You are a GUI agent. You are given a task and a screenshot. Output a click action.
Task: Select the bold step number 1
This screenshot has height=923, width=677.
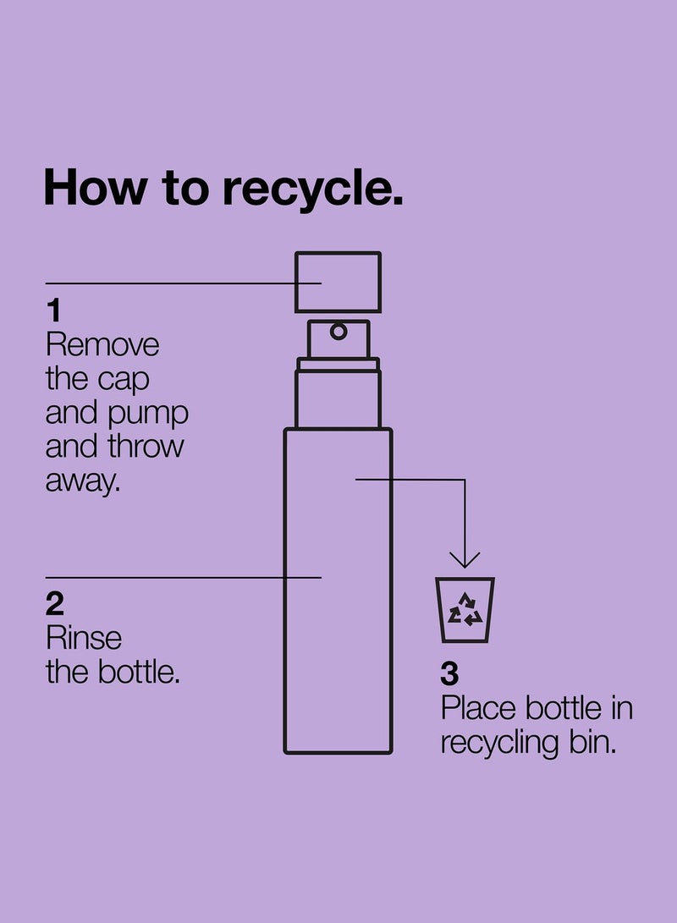pyautogui.click(x=54, y=310)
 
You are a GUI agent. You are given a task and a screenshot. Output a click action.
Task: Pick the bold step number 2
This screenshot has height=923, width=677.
pyautogui.click(x=55, y=605)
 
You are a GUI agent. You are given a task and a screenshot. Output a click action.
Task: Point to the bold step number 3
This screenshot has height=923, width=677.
pyautogui.click(x=449, y=674)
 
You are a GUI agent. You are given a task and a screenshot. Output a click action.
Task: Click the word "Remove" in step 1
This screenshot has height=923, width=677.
pyautogui.click(x=102, y=345)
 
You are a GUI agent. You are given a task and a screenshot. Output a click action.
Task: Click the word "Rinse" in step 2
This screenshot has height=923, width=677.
pyautogui.click(x=84, y=638)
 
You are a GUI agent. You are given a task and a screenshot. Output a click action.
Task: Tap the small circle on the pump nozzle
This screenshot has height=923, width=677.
pyautogui.click(x=338, y=332)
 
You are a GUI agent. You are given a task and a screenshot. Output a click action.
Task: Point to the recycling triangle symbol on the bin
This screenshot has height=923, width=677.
pyautogui.click(x=465, y=610)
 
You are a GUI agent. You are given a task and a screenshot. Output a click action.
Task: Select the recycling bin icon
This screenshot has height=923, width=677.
pyautogui.click(x=465, y=610)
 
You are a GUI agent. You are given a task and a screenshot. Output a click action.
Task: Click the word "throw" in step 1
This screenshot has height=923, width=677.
pyautogui.click(x=146, y=447)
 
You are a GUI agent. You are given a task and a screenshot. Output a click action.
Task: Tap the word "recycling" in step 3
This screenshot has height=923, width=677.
pyautogui.click(x=499, y=744)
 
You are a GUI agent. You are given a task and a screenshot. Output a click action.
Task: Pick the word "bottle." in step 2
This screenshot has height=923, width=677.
pyautogui.click(x=139, y=673)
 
